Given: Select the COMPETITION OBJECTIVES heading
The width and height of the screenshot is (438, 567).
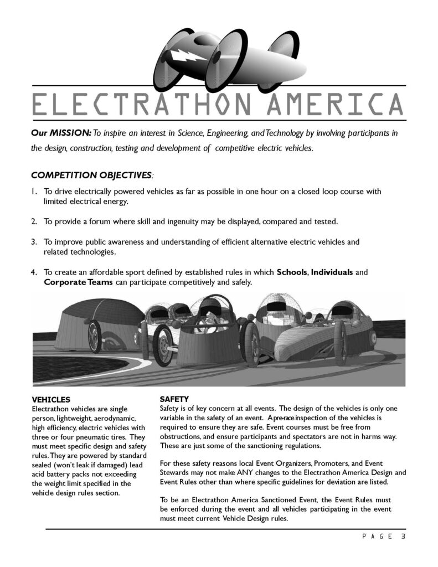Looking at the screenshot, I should [x=91, y=176].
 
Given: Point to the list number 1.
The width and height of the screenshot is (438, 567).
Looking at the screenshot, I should [x=33, y=192].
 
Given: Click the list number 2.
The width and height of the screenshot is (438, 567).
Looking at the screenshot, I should [x=34, y=221].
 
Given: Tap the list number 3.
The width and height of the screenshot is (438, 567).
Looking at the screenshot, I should [x=34, y=242].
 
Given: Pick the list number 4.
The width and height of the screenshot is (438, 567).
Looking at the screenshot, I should [x=34, y=272].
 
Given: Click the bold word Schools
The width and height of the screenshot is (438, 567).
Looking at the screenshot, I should [x=292, y=272].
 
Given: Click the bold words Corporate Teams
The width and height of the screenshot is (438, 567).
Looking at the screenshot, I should [x=78, y=282].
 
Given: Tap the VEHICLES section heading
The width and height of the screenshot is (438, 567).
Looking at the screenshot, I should [x=51, y=400].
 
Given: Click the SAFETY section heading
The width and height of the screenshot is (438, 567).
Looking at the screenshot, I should [x=174, y=399].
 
